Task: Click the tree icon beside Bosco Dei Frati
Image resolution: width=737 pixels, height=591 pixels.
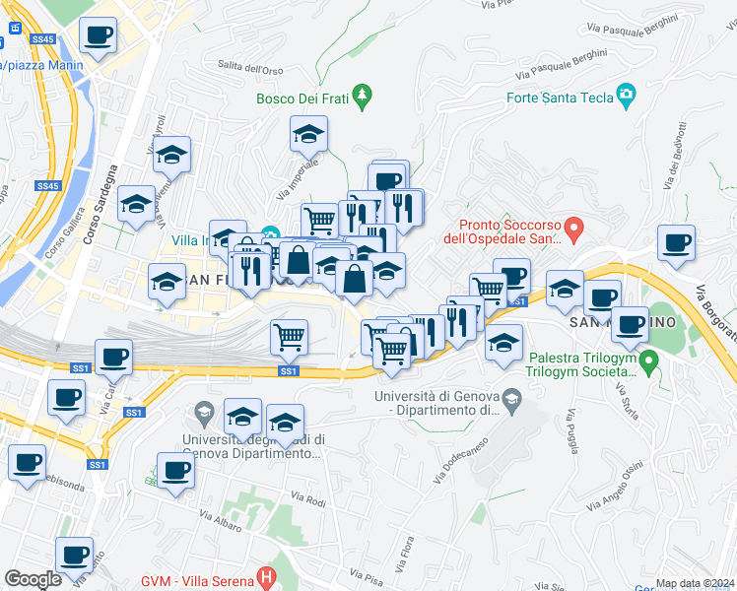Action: click(365, 95)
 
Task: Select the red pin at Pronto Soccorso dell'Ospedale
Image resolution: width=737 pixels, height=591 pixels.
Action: click(578, 229)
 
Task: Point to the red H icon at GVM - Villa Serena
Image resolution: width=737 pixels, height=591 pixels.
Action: click(264, 575)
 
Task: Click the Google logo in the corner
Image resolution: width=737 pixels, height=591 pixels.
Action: click(33, 578)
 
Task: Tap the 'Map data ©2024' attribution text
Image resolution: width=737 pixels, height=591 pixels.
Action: click(695, 583)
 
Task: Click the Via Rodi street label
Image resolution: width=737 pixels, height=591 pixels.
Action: click(307, 500)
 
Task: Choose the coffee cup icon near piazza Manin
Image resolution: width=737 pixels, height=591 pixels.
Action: click(98, 37)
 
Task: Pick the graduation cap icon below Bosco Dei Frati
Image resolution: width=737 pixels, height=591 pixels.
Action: click(308, 133)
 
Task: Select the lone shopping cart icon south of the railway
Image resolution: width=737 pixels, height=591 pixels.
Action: click(290, 337)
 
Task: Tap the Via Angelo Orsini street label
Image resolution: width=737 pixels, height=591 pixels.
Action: click(616, 487)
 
